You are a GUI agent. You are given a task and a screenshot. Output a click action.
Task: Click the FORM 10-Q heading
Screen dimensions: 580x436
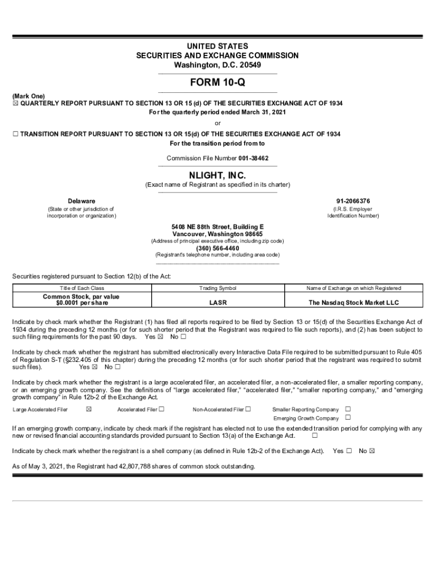tap(217, 83)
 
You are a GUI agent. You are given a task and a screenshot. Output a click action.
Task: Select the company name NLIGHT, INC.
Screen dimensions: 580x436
tap(217, 176)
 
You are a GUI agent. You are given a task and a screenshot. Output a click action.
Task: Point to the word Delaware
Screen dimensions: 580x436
tap(82, 201)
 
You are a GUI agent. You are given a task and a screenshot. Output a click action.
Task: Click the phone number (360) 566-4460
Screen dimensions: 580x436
tap(217, 248)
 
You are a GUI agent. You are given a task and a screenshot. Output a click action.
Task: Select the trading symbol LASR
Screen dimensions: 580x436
tap(218, 302)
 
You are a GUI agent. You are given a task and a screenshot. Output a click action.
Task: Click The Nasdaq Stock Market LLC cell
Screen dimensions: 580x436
tap(353, 302)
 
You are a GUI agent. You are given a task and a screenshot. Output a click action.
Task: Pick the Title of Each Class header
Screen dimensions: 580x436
tap(82, 288)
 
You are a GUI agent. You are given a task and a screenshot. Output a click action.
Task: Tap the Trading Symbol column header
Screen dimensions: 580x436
tap(218, 288)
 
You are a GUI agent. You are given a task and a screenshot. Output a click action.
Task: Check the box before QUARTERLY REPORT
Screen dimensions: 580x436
tap(16, 104)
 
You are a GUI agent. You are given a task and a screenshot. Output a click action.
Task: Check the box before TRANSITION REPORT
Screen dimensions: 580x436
tap(16, 134)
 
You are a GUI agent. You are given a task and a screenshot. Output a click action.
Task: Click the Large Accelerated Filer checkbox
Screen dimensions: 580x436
tap(88, 409)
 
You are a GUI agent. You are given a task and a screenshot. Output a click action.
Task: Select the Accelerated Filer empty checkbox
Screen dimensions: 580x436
tap(162, 409)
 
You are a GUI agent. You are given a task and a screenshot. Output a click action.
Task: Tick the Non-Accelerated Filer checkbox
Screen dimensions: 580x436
tap(247, 409)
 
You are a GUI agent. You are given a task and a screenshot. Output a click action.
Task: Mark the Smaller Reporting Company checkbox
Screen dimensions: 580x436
tap(348, 409)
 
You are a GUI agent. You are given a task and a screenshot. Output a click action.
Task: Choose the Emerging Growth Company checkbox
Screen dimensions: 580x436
tap(348, 418)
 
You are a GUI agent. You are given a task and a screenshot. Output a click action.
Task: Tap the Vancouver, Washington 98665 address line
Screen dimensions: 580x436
tap(217, 234)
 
